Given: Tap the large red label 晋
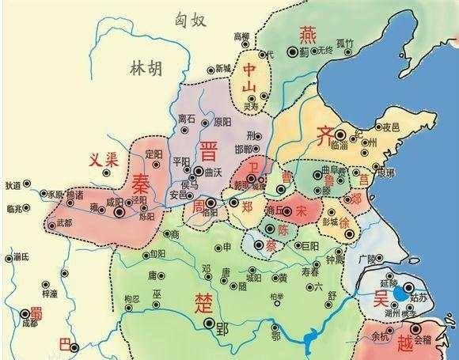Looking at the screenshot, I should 209,150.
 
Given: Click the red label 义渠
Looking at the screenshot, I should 102,159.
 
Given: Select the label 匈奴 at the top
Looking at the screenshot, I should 195,17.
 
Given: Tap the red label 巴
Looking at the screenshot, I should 65,343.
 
